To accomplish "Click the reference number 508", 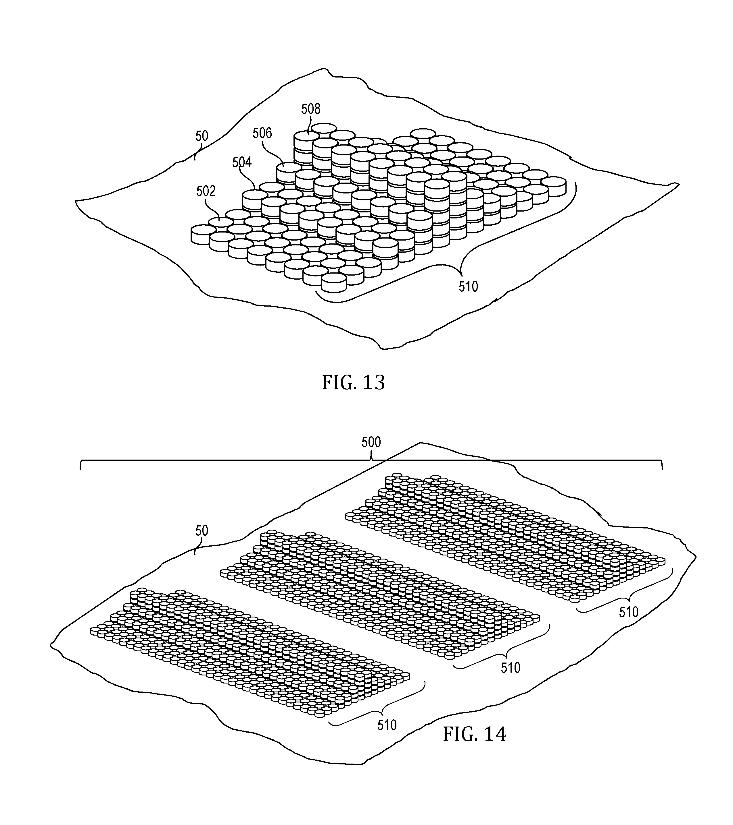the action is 311,109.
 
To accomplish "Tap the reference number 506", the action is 262,133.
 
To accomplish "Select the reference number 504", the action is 242,162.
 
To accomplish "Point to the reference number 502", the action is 206,191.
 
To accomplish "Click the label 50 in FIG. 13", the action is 202,136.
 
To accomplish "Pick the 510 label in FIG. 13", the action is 468,286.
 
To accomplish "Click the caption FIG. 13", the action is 353,383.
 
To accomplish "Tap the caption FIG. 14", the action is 474,734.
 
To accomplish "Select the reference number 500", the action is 371,443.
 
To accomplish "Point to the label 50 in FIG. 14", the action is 202,531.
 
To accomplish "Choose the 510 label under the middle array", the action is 510,668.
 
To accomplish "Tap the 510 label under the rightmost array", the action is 628,612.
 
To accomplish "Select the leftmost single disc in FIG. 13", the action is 203,235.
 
